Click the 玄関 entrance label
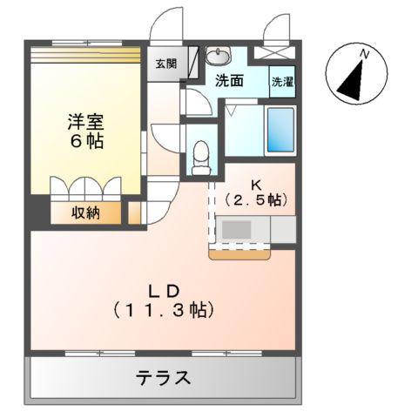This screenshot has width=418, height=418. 165,63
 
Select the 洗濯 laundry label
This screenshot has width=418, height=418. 282,82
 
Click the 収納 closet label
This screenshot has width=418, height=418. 84,212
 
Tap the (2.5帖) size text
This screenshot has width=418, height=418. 256,199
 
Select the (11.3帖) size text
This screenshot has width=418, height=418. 163,308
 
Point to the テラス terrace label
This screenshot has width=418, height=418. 163,378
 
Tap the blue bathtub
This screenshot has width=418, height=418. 280,131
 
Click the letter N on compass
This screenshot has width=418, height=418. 366,55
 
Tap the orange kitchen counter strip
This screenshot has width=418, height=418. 241,253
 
